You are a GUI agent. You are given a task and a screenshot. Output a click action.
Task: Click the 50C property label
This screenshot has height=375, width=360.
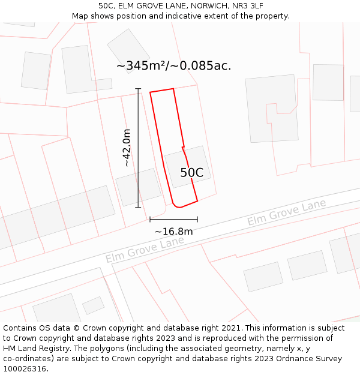pos(192,173)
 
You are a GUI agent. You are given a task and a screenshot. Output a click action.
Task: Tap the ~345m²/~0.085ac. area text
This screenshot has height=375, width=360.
pos(173,65)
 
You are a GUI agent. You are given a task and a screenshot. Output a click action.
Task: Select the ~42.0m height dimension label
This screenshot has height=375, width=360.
pos(127,148)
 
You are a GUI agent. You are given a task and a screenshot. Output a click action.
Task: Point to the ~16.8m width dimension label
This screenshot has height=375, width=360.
pos(174,232)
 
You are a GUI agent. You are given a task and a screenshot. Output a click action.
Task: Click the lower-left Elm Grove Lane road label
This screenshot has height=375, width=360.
pos(145,250)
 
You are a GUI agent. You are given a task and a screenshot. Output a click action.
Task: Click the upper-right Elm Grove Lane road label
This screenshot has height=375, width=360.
pos(287,212)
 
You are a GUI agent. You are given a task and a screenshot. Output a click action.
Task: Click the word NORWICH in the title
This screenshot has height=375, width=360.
pos(202,6)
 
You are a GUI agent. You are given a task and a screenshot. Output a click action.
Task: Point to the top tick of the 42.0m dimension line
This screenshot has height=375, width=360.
pos(138,89)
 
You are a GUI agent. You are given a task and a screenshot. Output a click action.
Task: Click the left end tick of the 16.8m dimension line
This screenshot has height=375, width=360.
pos(150,219)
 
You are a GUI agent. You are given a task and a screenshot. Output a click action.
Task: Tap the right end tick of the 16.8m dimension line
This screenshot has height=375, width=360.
pos(197,219)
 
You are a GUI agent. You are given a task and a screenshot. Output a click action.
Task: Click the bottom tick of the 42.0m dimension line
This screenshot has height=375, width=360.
pos(138,208)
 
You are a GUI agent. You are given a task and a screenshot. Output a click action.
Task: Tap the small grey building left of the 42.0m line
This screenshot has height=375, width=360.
pos(130,187)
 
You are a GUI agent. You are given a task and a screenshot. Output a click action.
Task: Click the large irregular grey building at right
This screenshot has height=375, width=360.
pos(272,109)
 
